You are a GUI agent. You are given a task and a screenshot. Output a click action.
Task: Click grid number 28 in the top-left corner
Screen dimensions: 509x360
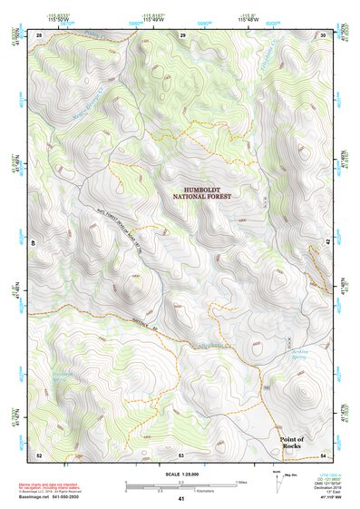(39, 34)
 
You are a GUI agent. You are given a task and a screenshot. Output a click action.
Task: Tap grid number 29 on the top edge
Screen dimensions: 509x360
(182, 34)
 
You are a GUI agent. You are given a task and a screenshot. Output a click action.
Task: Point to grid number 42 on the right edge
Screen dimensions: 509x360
(328, 243)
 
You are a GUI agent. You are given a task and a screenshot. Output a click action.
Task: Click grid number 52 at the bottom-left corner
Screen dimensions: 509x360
(39, 454)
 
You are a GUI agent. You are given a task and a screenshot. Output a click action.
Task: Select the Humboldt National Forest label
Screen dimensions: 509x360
(204, 191)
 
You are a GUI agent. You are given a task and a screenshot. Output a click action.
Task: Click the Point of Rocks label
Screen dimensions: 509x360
(291, 443)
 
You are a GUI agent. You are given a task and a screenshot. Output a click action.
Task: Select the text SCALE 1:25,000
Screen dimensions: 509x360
(180, 474)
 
